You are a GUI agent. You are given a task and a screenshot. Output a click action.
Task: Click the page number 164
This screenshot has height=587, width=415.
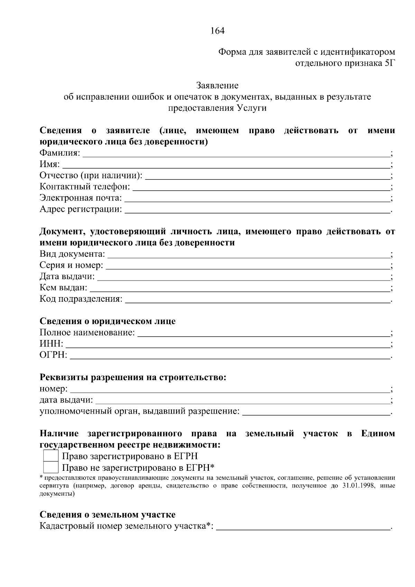point(218,31)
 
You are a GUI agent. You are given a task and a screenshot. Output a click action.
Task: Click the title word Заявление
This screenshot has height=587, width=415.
point(218,85)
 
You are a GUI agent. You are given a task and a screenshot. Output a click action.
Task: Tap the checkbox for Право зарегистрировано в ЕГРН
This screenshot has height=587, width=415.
point(50,456)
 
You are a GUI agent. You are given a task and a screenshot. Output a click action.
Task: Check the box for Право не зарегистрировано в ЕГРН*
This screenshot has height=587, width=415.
point(50,468)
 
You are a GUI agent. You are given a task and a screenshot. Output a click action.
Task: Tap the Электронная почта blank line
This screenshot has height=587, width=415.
point(257,200)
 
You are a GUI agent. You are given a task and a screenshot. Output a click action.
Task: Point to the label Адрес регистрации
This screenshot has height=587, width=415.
point(81,209)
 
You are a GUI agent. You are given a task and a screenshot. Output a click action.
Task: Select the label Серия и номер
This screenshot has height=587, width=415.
point(71,266)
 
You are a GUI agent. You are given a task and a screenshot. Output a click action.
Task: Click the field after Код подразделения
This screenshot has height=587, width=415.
point(257,301)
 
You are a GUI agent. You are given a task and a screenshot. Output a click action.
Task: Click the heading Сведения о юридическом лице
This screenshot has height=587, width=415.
point(108,321)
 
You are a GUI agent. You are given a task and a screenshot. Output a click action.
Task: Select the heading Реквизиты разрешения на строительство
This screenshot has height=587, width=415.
point(133,377)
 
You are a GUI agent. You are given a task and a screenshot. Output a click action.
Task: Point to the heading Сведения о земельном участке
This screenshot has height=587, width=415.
point(108,515)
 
